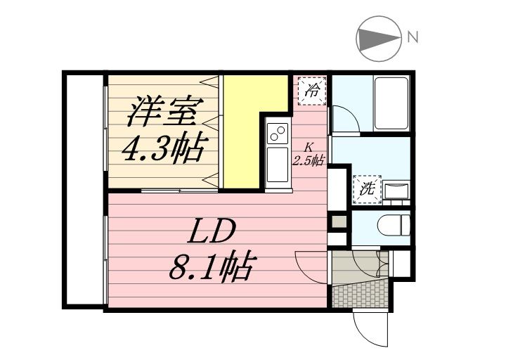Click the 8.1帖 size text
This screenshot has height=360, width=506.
[212, 266]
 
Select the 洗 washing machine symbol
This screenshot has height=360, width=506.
[367, 188]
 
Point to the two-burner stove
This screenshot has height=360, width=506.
[276, 131]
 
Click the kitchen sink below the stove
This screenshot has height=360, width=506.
[276, 164]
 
